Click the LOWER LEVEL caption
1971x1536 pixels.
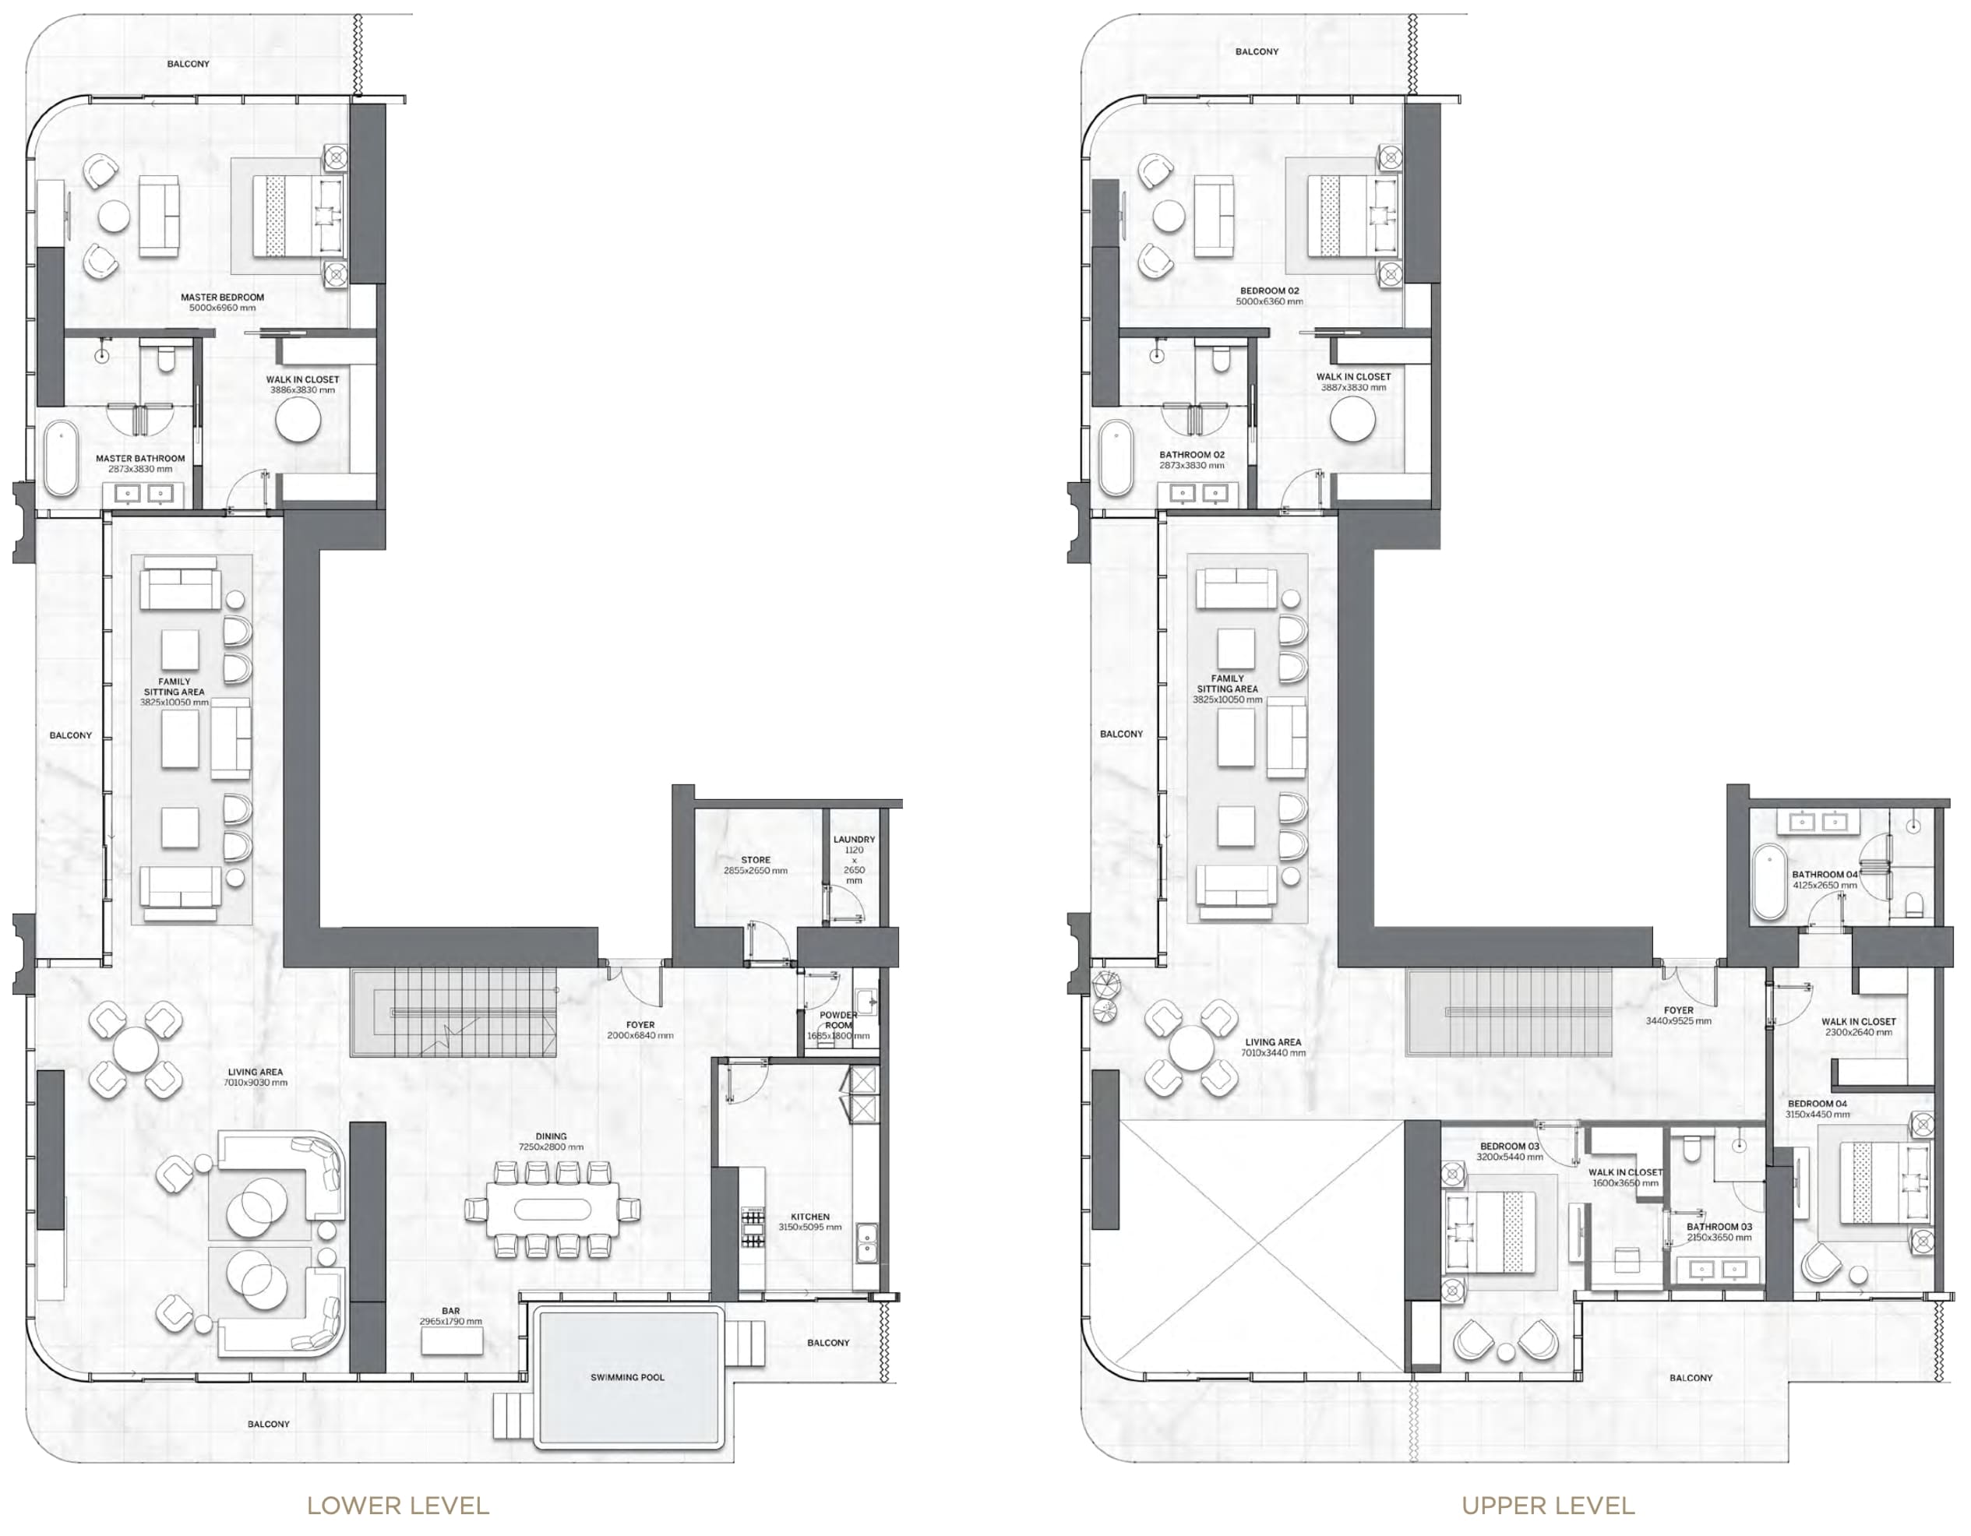[x=398, y=1506]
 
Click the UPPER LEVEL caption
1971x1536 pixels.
[x=1548, y=1506]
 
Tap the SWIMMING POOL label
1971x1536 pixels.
[x=627, y=1377]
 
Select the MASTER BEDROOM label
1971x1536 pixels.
[x=222, y=297]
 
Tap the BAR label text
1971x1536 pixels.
[x=450, y=1310]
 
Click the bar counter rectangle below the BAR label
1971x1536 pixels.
[x=451, y=1340]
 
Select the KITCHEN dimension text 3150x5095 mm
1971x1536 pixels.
[x=809, y=1228]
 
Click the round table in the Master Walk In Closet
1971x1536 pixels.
[x=298, y=421]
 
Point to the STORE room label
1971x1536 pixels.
[x=756, y=860]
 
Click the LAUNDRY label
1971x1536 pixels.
[x=854, y=840]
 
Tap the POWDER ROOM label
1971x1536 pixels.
[x=838, y=1020]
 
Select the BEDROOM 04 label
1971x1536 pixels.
[x=1818, y=1104]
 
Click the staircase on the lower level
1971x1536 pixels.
[x=454, y=1012]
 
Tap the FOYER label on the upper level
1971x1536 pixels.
[x=1678, y=1011]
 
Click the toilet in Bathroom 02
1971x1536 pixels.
[x=1220, y=360]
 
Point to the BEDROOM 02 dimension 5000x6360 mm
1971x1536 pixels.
[x=1269, y=301]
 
